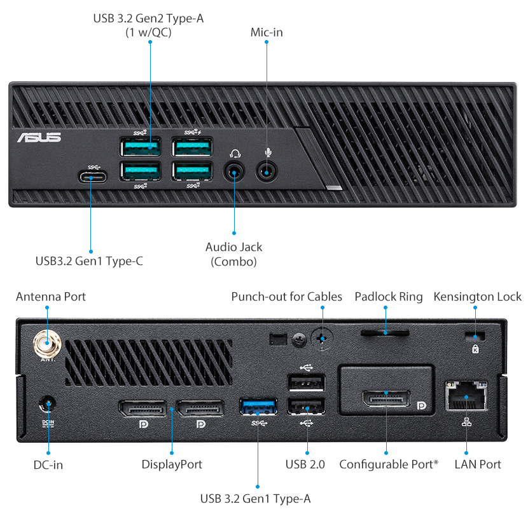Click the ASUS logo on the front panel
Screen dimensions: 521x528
click(x=39, y=137)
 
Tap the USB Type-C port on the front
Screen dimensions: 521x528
click(x=90, y=176)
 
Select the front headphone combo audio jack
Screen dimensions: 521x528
click(x=235, y=171)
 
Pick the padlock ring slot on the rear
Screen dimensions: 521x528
click(x=385, y=332)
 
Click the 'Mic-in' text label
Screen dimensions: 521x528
click(x=267, y=32)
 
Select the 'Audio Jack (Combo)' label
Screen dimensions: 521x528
click(x=233, y=254)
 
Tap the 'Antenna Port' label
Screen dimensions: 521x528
click(x=51, y=297)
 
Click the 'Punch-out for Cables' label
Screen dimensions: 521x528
click(x=286, y=297)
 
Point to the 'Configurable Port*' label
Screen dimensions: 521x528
click(x=388, y=464)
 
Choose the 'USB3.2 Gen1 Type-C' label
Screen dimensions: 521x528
click(x=89, y=260)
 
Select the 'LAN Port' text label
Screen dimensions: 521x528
click(x=477, y=464)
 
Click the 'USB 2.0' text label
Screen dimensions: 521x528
click(x=305, y=464)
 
